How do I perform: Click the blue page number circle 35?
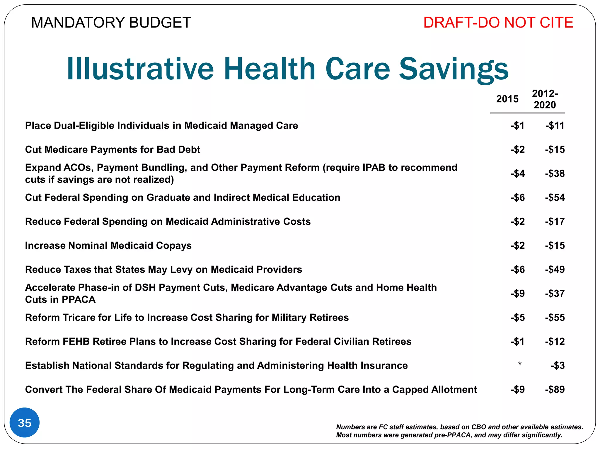(25, 422)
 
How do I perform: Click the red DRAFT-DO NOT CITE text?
(498, 23)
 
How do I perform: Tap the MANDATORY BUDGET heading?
(111, 23)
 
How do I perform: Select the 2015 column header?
(507, 99)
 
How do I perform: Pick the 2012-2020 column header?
(545, 99)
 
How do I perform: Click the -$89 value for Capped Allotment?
(555, 389)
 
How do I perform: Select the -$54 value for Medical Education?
(555, 197)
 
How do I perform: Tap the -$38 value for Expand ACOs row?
(555, 173)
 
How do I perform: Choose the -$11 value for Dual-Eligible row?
(555, 125)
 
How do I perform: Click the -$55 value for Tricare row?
(555, 317)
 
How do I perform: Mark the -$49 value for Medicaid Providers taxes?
(555, 269)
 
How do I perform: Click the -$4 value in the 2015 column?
(517, 173)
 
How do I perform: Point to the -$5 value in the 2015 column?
(517, 317)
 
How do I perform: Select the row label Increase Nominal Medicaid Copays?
(108, 246)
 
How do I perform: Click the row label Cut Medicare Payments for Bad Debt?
(113, 149)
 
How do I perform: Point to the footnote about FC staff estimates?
(459, 431)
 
